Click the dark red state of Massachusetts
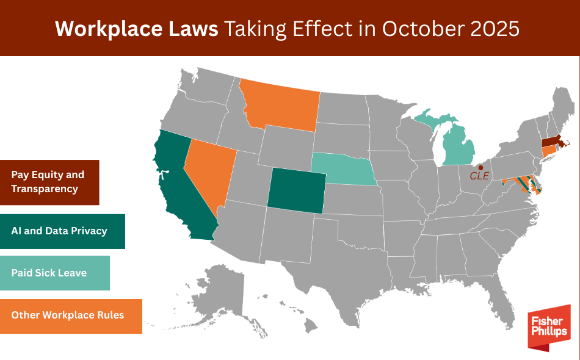553,142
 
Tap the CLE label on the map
479,176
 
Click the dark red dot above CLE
480,167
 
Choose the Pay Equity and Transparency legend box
49,182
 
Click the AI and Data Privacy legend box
62,231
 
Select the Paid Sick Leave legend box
55,273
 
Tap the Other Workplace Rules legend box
71,315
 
